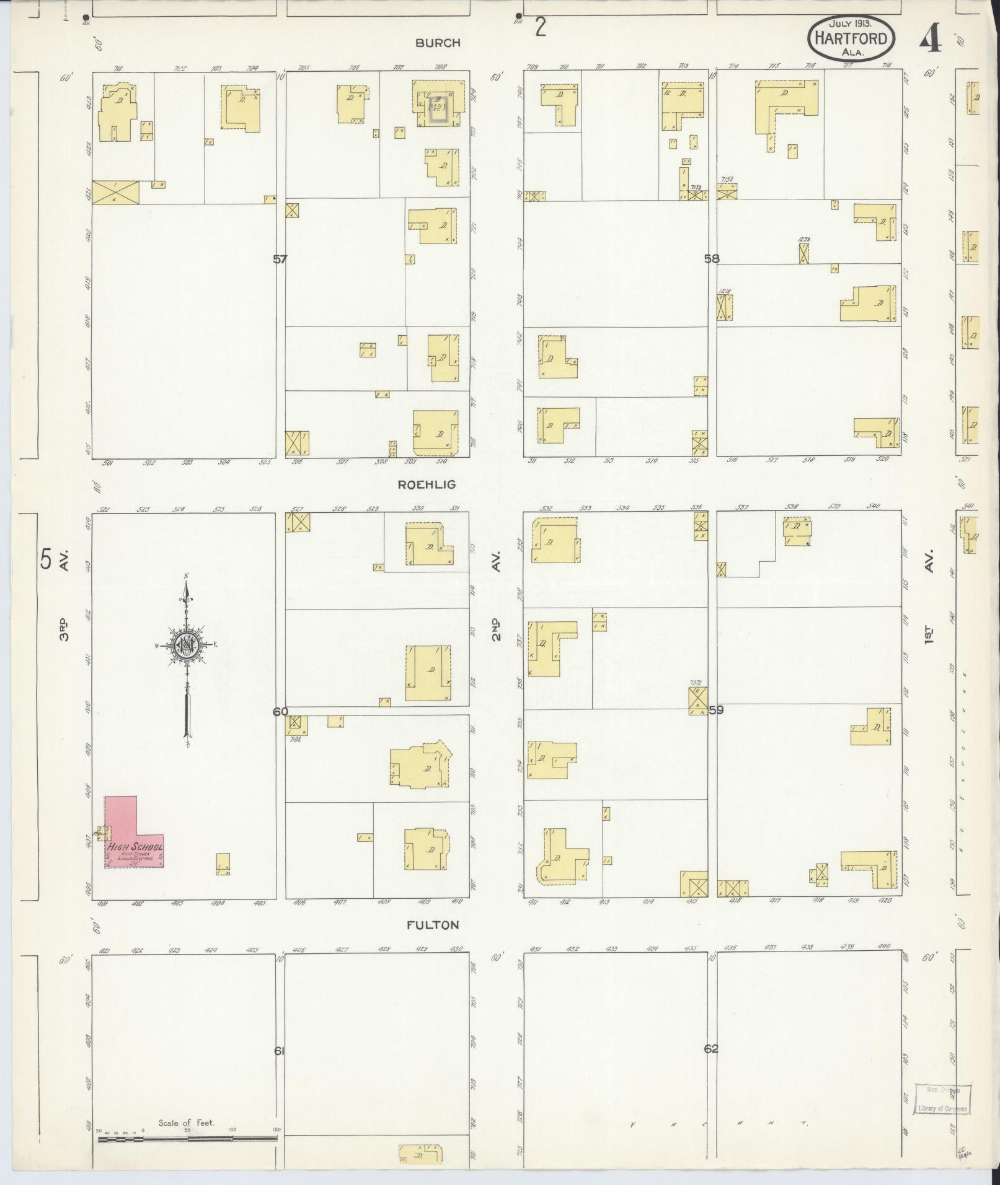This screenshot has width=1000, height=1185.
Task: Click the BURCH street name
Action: pyautogui.click(x=438, y=43)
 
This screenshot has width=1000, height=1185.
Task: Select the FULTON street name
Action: pyautogui.click(x=433, y=925)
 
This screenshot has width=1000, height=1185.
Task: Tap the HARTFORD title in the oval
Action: pyautogui.click(x=851, y=38)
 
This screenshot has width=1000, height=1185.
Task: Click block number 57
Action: pyautogui.click(x=280, y=259)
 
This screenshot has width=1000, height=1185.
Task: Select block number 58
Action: pyautogui.click(x=712, y=259)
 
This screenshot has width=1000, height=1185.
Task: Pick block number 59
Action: pyautogui.click(x=716, y=710)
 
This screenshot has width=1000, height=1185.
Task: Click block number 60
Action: pyautogui.click(x=280, y=712)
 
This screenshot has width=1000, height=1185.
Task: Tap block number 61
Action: pyautogui.click(x=279, y=1051)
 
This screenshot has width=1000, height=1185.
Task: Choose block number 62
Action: pyautogui.click(x=711, y=1049)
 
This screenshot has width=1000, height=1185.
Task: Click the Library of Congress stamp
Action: pyautogui.click(x=943, y=1099)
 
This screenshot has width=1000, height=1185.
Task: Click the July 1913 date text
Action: pyautogui.click(x=851, y=23)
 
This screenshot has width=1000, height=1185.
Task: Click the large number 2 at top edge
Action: pyautogui.click(x=541, y=28)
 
